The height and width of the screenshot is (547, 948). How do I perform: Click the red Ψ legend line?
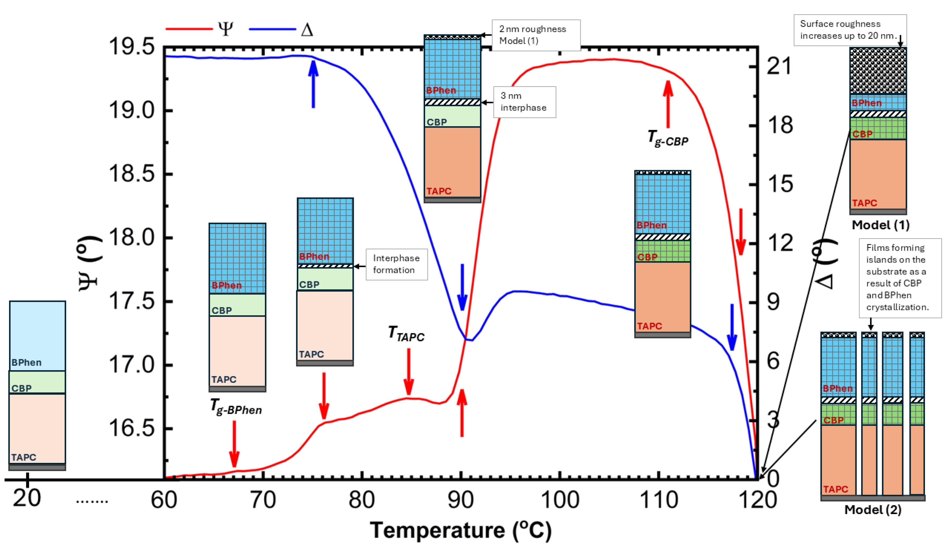pos(189,29)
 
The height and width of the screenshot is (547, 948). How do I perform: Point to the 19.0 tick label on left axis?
pos(132,111)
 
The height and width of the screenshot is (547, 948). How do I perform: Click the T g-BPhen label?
pos(236,407)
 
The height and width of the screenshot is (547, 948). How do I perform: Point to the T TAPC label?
pos(406,334)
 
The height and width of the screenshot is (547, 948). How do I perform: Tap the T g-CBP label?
pos(668,138)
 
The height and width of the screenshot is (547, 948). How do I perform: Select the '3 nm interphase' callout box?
pos(524,102)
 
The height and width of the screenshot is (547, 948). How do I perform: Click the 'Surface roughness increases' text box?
pos(850,30)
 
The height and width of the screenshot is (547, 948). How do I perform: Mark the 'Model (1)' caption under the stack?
pos(880,225)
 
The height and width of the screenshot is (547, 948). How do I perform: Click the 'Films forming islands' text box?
pos(900,278)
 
